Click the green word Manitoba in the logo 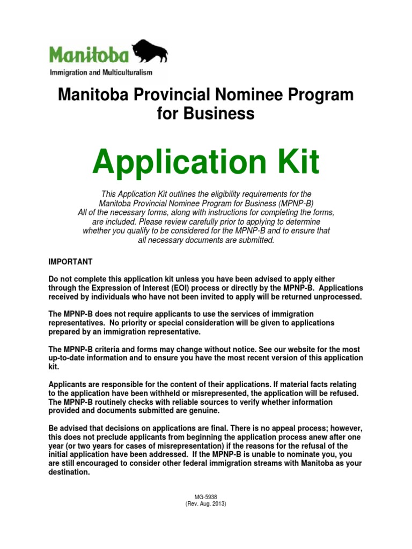89,55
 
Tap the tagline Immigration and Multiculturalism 101,72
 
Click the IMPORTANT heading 70,262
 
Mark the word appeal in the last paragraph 281,428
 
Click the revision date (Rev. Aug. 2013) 206,505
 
